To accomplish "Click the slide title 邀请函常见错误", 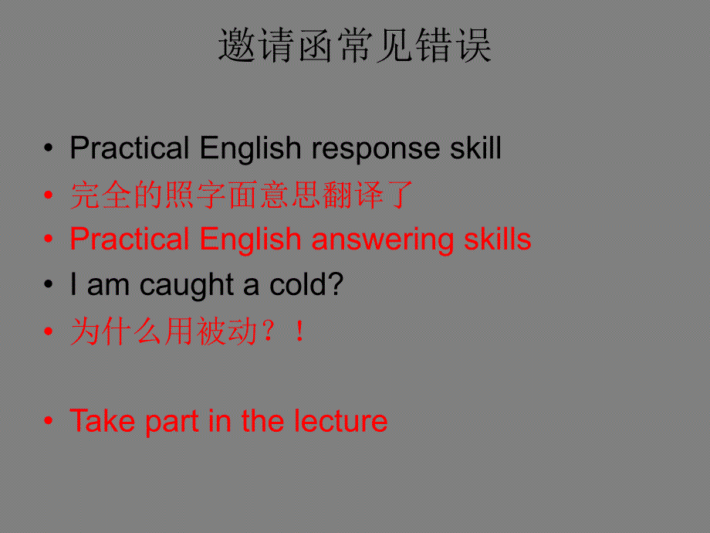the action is pyautogui.click(x=354, y=45).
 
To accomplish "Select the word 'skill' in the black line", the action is pyautogui.click(x=475, y=148).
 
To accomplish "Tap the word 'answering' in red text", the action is pyautogui.click(x=383, y=240).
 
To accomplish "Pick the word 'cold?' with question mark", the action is pyautogui.click(x=306, y=284).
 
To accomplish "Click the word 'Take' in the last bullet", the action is pyautogui.click(x=103, y=420).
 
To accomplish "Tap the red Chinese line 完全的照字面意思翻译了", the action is pyautogui.click(x=242, y=195).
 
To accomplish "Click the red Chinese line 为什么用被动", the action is pyautogui.click(x=164, y=331).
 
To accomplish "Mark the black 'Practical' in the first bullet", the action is pyautogui.click(x=130, y=148).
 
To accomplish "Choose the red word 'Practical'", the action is pyautogui.click(x=130, y=239).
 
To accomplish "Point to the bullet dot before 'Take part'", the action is pyautogui.click(x=49, y=420).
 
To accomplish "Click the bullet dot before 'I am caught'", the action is pyautogui.click(x=49, y=284).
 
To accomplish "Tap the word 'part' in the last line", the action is pyautogui.click(x=172, y=423).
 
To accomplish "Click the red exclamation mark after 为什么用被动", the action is pyautogui.click(x=299, y=331).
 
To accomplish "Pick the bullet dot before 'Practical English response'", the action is pyautogui.click(x=49, y=148).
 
